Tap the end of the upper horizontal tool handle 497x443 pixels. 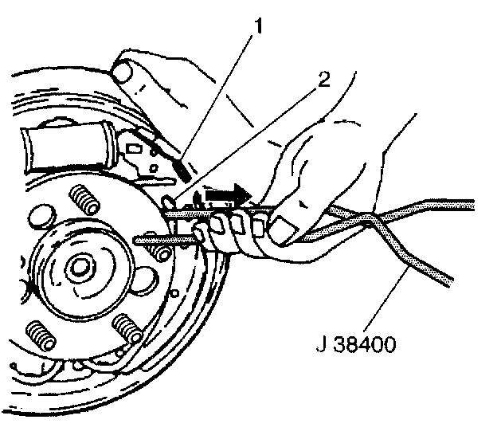tap(470, 203)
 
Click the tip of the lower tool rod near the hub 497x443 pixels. tap(139, 238)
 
